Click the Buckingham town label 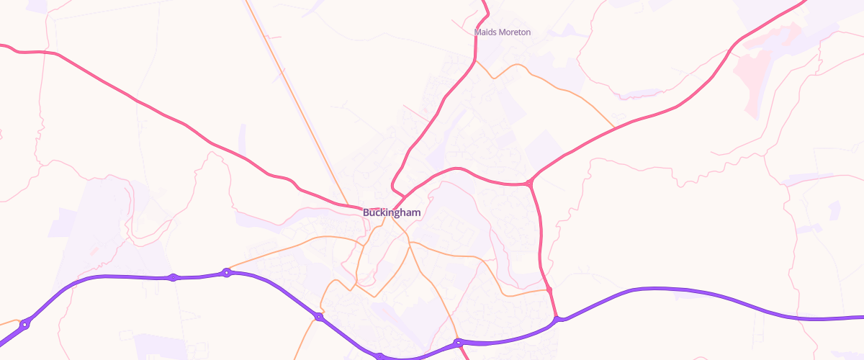tap(392, 213)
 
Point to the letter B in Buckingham tap(366, 213)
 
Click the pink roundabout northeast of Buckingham tap(530, 184)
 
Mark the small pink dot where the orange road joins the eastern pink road tap(549, 289)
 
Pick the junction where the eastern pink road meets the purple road tap(557, 318)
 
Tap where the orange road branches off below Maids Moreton tap(475, 62)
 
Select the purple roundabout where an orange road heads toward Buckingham tap(227, 272)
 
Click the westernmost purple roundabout tap(24, 325)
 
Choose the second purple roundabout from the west tap(173, 277)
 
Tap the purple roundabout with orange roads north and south tap(318, 317)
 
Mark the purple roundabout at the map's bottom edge tap(379, 356)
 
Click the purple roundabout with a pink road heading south tap(457, 343)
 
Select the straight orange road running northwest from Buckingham tap(295, 101)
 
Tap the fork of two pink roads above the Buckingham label tap(402, 195)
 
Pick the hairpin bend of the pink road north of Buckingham tap(392, 183)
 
